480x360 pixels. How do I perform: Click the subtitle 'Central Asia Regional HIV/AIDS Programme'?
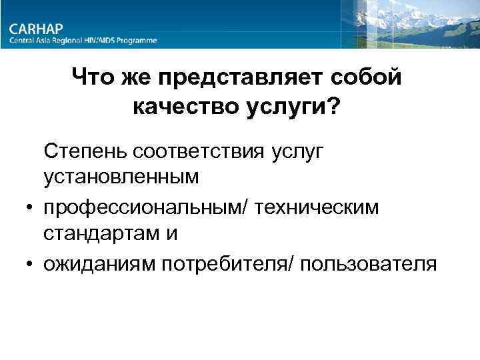pos(83,41)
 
